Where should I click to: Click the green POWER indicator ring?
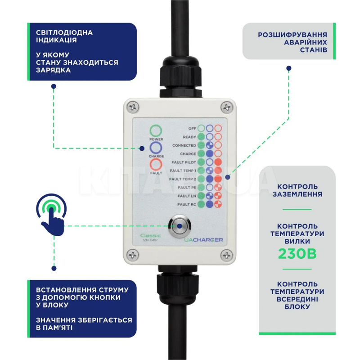point(156,131)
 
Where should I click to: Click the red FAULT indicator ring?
point(156,165)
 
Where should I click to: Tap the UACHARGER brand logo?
point(203,240)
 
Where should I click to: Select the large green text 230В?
point(297,253)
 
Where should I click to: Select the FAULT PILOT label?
point(184,162)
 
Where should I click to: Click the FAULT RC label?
point(186,204)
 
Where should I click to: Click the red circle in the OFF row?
point(218,128)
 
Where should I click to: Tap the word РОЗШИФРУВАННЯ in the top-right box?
point(292,35)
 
